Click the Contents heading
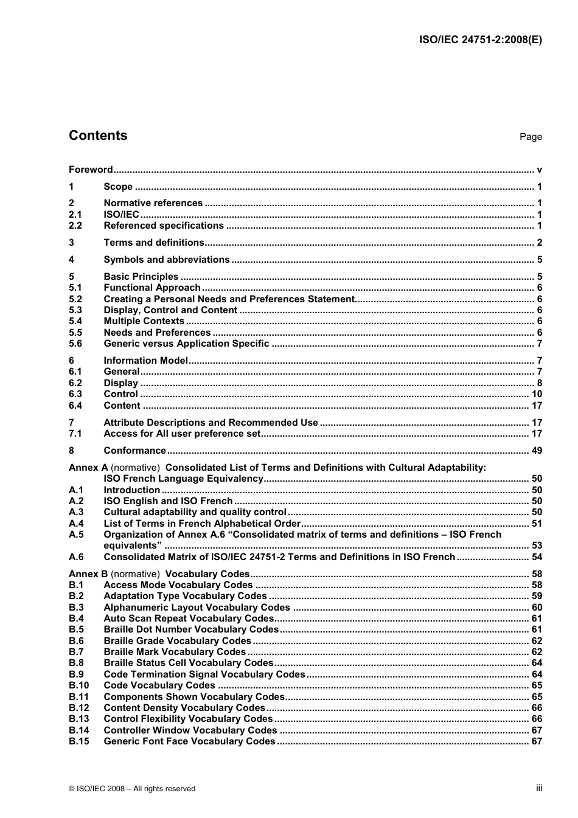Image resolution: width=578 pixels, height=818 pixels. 98,136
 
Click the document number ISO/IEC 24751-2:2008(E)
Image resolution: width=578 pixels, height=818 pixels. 481,40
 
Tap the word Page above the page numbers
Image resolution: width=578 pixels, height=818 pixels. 531,137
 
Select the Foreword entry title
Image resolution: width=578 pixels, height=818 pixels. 91,170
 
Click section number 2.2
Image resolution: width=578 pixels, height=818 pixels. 75,226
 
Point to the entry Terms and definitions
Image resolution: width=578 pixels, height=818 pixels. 154,243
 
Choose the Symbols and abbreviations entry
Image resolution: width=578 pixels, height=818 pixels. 167,260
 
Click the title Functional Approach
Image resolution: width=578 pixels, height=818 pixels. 152,288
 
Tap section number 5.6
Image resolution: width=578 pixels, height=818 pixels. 75,344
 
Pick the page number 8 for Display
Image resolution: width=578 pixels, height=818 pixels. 539,383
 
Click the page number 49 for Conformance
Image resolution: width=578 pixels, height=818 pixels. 537,451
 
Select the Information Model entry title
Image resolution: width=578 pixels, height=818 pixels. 146,361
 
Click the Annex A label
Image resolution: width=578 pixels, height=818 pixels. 88,468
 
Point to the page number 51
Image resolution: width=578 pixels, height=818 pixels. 537,524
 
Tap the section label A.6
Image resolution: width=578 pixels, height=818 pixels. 76,557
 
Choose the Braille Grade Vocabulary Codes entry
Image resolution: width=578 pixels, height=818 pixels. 178,641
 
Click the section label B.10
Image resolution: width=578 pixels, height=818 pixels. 78,685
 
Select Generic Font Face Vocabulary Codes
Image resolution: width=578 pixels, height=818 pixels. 190,741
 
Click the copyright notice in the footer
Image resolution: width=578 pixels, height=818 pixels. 132,789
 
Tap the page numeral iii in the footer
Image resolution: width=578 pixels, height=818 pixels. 539,788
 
